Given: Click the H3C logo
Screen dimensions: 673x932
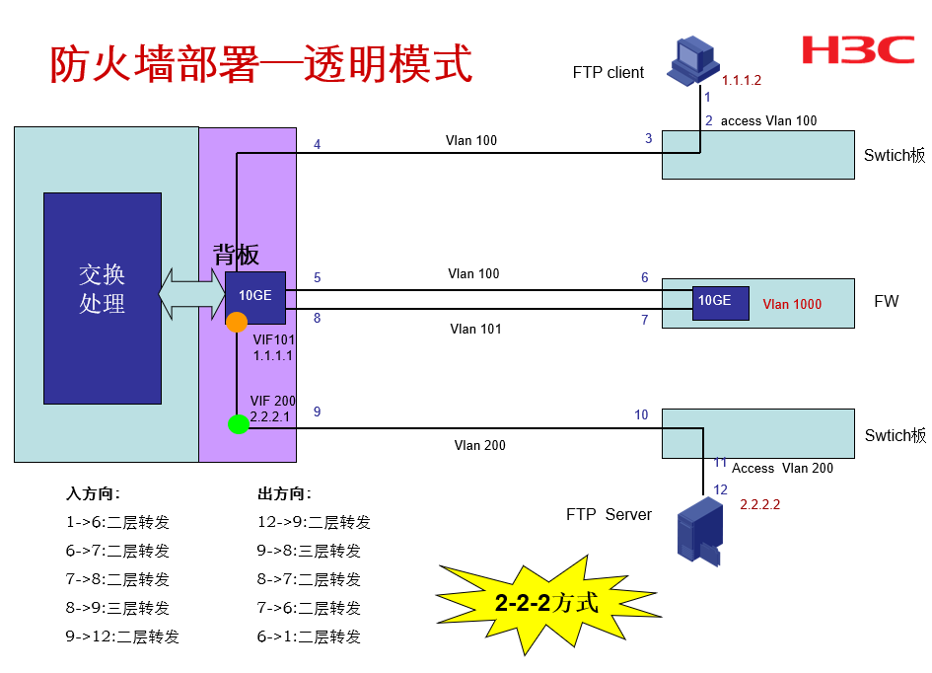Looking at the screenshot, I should click(857, 50).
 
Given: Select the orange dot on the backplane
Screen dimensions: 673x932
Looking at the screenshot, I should click(237, 322).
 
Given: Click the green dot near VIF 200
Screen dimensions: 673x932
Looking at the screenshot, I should click(238, 424).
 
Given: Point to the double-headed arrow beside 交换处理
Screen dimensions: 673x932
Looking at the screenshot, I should click(192, 293).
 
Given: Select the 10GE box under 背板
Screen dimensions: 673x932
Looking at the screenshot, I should click(255, 297).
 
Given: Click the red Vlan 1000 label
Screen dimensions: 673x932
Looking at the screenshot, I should click(792, 304).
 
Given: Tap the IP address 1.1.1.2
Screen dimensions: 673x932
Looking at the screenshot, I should click(742, 81).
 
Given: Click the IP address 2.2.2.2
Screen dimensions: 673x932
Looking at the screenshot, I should click(760, 504).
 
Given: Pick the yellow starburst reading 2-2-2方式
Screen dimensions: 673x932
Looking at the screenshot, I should click(547, 601).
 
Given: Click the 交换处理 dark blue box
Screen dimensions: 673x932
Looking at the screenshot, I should click(103, 298).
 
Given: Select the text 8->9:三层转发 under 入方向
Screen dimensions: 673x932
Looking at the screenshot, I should click(117, 608).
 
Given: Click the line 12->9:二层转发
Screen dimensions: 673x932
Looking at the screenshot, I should click(314, 523).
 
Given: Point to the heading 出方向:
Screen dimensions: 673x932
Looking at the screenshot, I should click(284, 494).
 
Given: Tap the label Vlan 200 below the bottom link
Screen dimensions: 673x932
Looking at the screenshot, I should click(479, 446).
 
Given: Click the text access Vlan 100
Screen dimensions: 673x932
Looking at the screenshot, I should click(768, 120).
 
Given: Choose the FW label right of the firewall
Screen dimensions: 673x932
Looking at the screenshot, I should click(887, 301).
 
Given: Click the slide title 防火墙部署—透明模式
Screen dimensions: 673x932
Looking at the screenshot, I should click(261, 63).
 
